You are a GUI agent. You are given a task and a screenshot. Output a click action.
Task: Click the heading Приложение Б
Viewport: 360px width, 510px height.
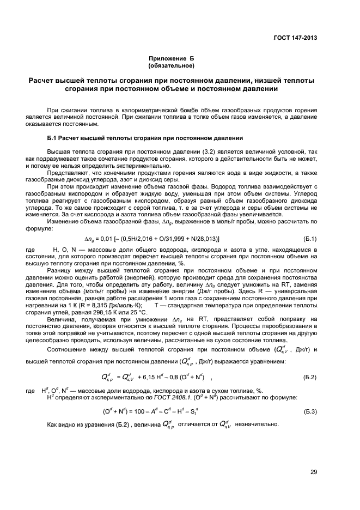172,58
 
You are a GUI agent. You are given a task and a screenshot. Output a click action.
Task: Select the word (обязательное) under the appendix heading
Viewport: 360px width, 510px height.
172,66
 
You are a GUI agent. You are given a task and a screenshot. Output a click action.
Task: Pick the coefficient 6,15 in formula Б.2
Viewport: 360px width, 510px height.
158,377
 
